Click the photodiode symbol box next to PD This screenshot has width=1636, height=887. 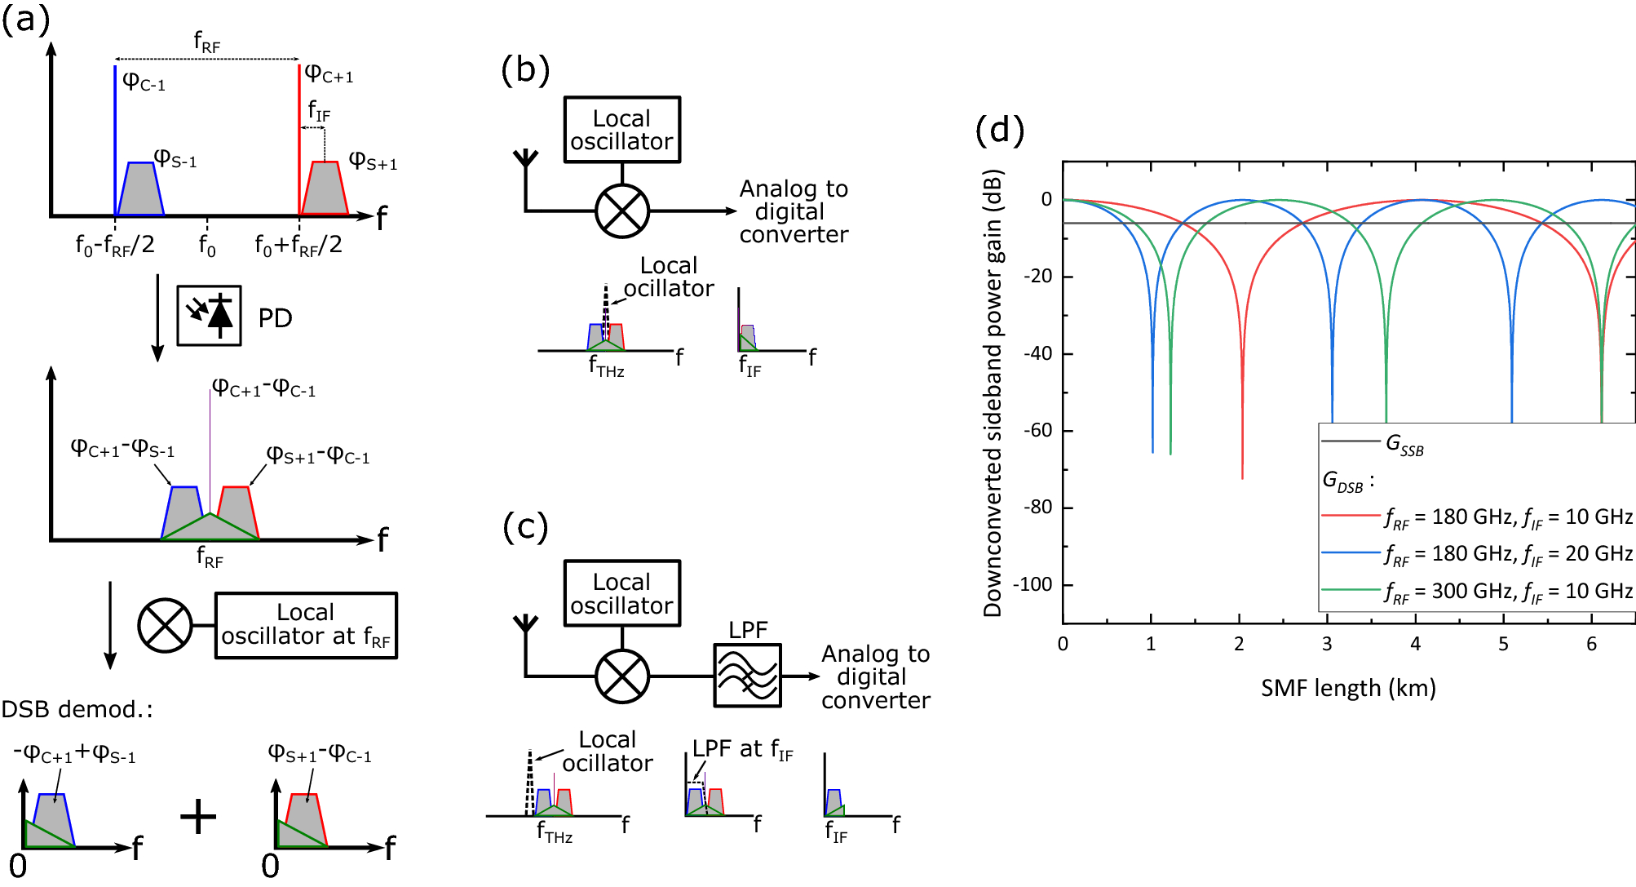tap(209, 316)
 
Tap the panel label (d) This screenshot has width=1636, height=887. tap(999, 131)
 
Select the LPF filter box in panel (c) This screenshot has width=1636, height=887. tap(747, 676)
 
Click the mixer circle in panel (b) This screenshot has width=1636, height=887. tap(622, 211)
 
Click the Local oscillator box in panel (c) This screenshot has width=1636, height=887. tap(621, 593)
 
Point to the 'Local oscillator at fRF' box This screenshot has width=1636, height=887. tap(306, 625)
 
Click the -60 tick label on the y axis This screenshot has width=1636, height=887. tap(1037, 430)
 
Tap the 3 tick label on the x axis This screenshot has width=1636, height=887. tap(1327, 644)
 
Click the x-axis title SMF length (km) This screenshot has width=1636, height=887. tap(1347, 688)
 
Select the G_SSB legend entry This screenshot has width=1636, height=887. tap(1404, 445)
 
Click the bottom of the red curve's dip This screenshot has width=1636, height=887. tap(1242, 476)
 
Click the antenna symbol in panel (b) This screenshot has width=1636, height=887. tap(526, 160)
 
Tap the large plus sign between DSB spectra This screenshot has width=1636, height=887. tap(198, 816)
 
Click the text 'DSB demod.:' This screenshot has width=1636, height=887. tap(77, 709)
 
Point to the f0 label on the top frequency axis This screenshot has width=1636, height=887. tap(207, 244)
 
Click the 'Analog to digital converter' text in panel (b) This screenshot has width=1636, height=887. tap(793, 211)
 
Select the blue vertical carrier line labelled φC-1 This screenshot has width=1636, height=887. tap(115, 139)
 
